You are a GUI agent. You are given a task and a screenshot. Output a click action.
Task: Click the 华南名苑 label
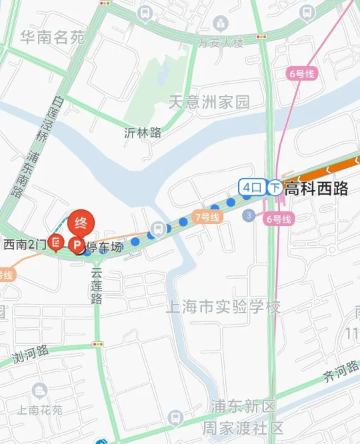(x=53, y=37)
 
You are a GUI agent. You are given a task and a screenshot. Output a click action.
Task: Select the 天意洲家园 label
(x=208, y=102)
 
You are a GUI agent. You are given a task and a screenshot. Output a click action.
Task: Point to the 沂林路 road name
(x=143, y=133)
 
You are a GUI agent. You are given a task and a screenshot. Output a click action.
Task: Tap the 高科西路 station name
(x=316, y=188)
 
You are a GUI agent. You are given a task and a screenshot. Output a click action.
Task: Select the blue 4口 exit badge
(x=252, y=187)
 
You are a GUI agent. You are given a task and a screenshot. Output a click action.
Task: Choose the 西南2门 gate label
(x=24, y=245)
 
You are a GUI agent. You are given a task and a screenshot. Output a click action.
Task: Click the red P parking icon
(x=77, y=247)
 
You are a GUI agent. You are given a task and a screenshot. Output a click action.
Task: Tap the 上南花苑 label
(x=39, y=411)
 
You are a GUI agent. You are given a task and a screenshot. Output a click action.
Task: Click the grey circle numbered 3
(x=249, y=215)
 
